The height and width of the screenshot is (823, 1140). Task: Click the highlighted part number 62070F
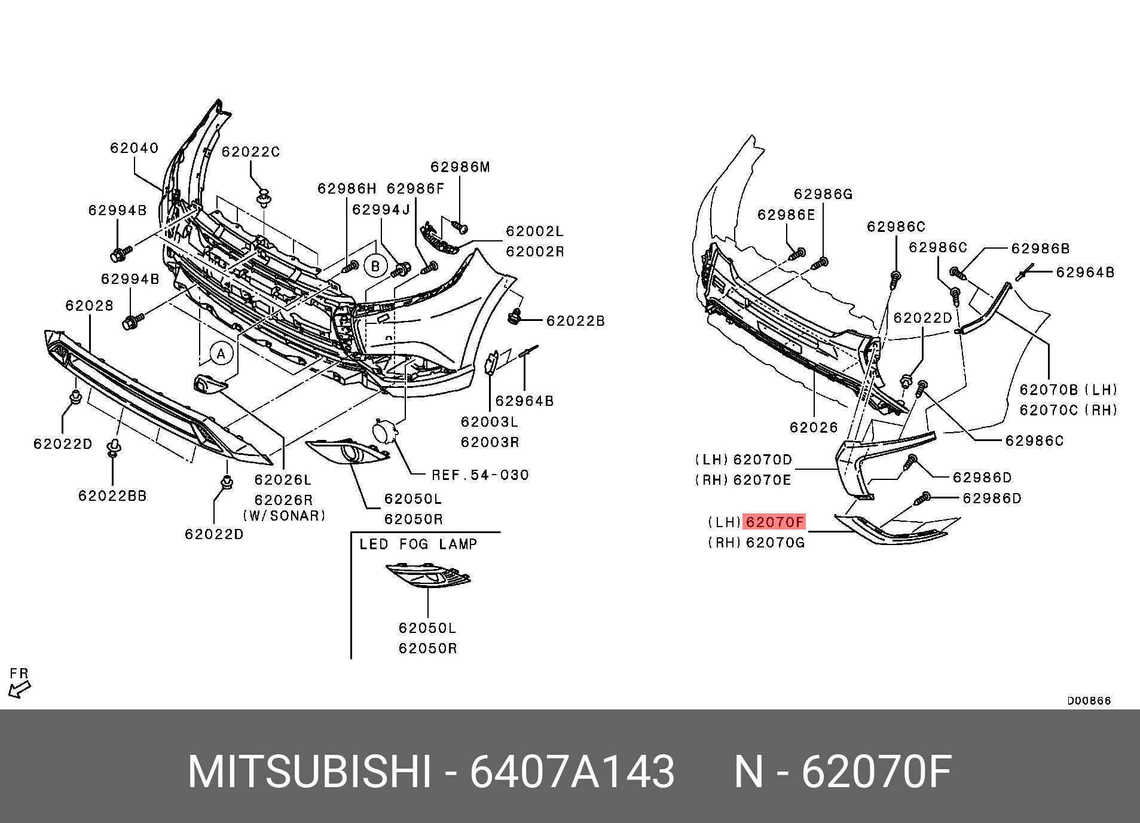(774, 522)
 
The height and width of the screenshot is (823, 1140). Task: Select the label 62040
(135, 148)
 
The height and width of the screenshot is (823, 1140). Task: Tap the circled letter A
(221, 354)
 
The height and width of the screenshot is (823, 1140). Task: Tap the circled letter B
(375, 266)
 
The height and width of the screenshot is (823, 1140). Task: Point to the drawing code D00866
(1089, 701)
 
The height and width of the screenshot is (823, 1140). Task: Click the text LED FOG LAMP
(418, 544)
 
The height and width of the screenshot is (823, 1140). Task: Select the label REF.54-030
(481, 475)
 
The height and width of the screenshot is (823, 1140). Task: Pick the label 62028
(90, 306)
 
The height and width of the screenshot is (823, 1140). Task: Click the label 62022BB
(112, 495)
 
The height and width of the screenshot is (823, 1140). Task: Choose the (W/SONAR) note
(285, 515)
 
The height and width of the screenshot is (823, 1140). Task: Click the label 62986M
(460, 167)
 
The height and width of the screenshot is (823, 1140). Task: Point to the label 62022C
(250, 152)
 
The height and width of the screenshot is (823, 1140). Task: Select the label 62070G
(775, 543)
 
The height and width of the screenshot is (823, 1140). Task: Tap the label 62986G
(823, 194)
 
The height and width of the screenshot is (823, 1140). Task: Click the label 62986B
(1041, 249)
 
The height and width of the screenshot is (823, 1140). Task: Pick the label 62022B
(576, 322)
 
